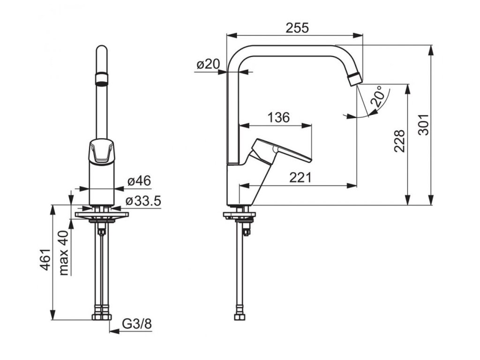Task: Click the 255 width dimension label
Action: (x=297, y=28)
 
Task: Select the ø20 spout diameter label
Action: (x=209, y=64)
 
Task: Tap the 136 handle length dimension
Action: (x=278, y=117)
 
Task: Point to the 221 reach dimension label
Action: (x=300, y=178)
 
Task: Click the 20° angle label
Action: (x=377, y=96)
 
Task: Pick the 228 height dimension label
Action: (x=399, y=141)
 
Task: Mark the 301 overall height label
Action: (x=424, y=125)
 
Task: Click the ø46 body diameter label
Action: (x=139, y=181)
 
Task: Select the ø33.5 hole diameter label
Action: (x=143, y=201)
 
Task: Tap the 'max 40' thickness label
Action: (x=64, y=253)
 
